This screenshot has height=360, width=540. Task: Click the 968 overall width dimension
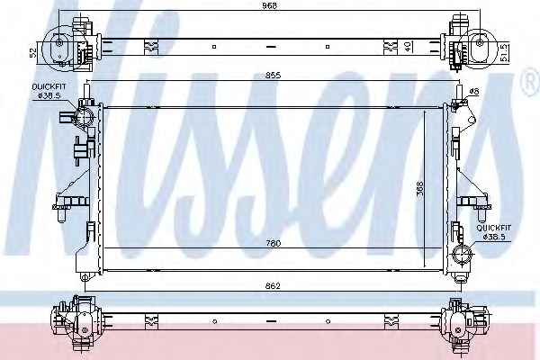(x=269, y=5)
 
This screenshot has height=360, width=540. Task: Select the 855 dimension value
(x=273, y=75)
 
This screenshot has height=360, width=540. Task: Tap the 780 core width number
(x=273, y=243)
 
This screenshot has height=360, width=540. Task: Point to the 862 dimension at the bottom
(x=273, y=286)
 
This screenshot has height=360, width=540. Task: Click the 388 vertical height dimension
(x=420, y=189)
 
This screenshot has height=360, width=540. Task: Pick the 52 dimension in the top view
(x=33, y=52)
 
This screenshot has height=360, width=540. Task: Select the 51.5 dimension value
(x=503, y=52)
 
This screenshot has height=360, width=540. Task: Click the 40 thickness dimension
(x=409, y=47)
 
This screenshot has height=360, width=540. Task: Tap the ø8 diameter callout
(x=474, y=91)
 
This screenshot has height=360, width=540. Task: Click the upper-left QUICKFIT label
(x=49, y=86)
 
